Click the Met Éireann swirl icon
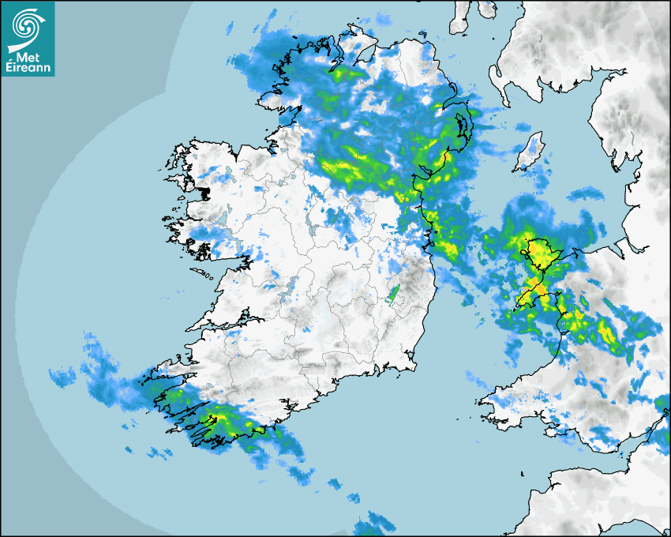pos(26,24)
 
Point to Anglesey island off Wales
pos(538,254)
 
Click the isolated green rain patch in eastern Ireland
pos(393,294)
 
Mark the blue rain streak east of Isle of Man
pos(584,193)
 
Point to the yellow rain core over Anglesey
pos(541,253)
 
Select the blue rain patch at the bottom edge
pos(375,524)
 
